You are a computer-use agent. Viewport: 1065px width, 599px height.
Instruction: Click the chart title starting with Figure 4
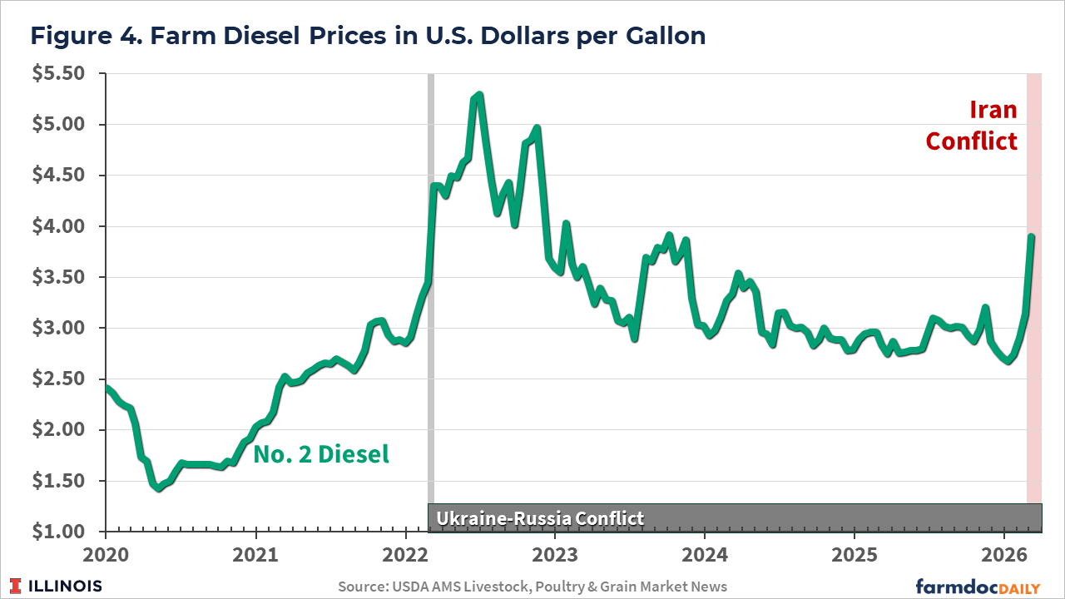pyautogui.click(x=367, y=36)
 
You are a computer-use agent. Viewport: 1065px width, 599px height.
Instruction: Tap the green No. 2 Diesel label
pyautogui.click(x=320, y=454)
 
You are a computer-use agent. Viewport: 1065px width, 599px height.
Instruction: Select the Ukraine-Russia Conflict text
pyautogui.click(x=540, y=518)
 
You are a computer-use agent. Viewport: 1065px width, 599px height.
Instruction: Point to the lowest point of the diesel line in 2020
pyautogui.click(x=158, y=488)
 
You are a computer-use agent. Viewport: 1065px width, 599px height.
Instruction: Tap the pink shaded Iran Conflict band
pyautogui.click(x=1034, y=333)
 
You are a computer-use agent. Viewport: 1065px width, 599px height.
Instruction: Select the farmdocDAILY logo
pyautogui.click(x=978, y=586)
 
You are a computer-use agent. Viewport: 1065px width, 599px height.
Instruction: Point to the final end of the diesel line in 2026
pyautogui.click(x=1032, y=237)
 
